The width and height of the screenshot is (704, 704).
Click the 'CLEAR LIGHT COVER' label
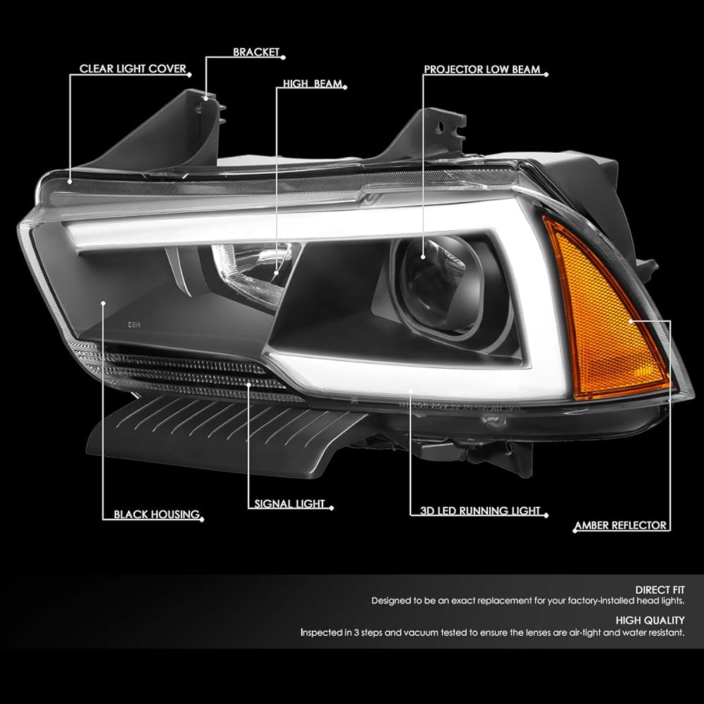click(132, 69)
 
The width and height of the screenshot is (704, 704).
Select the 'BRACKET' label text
click(256, 52)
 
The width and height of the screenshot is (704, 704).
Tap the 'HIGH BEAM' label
click(313, 84)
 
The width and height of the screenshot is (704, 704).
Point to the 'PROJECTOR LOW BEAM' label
click(482, 70)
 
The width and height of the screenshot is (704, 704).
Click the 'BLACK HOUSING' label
click(156, 515)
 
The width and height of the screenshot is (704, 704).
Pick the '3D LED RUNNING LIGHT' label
click(475, 510)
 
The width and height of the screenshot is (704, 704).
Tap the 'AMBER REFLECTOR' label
click(620, 525)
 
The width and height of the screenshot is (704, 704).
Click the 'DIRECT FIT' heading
click(660, 589)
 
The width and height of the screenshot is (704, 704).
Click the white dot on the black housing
click(84, 303)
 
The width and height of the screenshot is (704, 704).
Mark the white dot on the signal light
click(249, 383)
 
